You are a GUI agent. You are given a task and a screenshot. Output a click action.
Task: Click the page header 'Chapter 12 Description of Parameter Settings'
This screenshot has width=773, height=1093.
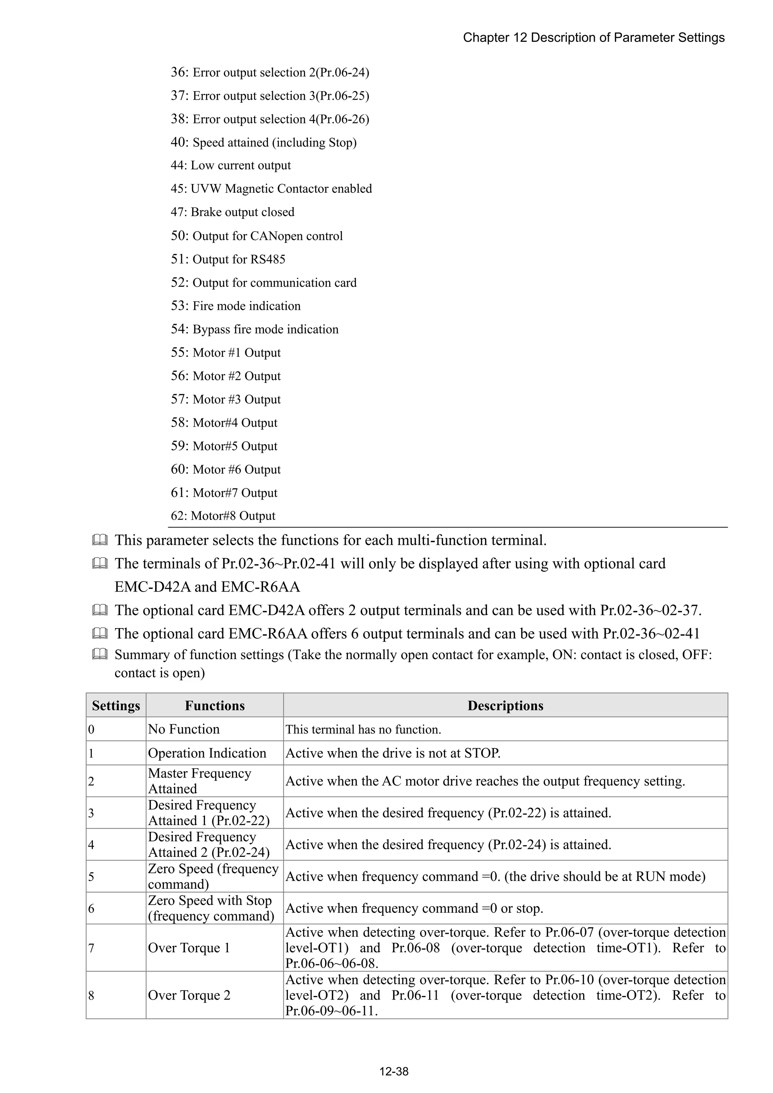tap(593, 38)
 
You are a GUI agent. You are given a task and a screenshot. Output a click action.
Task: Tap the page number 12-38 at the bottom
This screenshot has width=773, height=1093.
tap(393, 1071)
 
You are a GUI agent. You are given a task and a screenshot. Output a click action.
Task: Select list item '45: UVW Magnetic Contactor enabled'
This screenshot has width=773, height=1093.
tap(271, 189)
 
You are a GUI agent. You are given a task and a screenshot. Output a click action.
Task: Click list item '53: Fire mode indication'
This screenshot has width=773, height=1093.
tap(236, 306)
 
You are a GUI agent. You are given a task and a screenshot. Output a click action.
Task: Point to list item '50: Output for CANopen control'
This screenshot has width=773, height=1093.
tap(257, 236)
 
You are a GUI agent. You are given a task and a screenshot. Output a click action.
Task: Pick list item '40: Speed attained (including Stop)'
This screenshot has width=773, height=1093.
tap(263, 142)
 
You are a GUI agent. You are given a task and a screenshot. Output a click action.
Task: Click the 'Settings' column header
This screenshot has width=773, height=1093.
tap(116, 706)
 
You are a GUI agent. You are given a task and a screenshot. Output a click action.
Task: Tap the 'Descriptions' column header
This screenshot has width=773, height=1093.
tap(505, 706)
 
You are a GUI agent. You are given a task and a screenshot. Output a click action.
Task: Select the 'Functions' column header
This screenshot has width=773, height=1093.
tap(214, 706)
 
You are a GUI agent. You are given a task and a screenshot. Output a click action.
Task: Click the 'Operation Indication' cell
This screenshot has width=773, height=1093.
tap(207, 753)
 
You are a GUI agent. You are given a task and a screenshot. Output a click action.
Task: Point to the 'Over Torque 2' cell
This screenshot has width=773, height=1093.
tap(189, 995)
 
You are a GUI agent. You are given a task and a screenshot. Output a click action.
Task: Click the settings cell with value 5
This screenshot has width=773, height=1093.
tap(91, 876)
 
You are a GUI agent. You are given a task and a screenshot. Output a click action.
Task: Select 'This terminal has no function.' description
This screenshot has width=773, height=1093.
tap(363, 729)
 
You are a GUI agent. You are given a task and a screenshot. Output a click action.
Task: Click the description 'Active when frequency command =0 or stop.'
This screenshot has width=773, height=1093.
tap(414, 908)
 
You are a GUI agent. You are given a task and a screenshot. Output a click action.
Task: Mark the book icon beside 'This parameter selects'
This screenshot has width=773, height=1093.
tap(100, 540)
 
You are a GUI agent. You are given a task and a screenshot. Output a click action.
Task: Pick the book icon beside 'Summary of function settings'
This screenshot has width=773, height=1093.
tap(100, 654)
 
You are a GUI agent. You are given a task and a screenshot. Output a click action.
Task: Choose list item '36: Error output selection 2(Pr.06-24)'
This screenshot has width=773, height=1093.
tap(269, 72)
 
